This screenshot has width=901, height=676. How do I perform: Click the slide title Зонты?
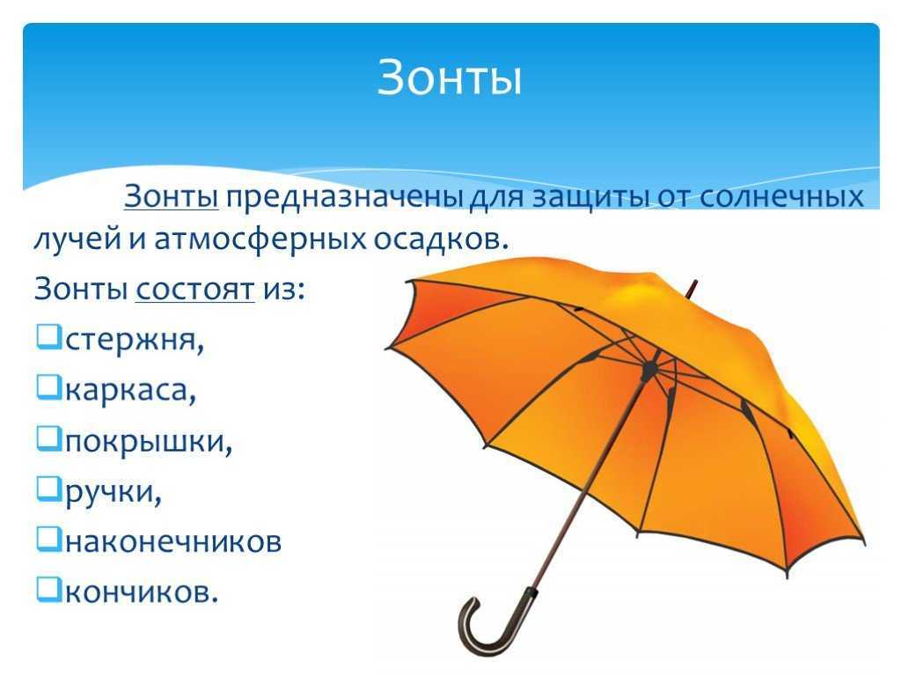coord(450,77)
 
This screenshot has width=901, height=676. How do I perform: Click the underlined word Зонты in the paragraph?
coord(171,196)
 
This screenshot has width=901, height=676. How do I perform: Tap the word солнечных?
coord(782,196)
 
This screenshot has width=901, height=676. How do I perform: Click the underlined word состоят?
coord(194,289)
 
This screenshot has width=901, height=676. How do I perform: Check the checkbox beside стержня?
coord(48,337)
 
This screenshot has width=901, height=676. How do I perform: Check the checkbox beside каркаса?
coord(48,387)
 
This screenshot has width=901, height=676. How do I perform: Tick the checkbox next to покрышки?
coord(48,438)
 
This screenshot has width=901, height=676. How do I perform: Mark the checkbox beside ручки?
coord(48,489)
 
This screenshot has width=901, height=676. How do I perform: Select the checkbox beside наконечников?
coord(48,540)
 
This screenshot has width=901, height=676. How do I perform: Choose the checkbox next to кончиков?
coord(48,590)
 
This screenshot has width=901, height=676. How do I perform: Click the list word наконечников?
coord(173,541)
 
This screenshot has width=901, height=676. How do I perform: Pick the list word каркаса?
coord(131,391)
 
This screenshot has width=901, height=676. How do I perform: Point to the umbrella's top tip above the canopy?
coord(692,288)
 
